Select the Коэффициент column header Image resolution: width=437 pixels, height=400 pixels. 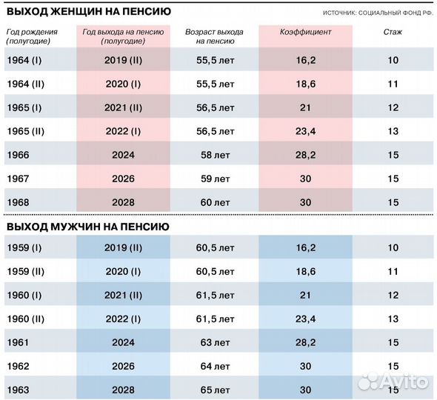[306, 33]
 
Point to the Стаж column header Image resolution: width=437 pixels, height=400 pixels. [393, 33]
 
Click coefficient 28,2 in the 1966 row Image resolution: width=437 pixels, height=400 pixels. [306, 155]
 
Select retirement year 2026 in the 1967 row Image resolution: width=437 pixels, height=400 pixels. [123, 179]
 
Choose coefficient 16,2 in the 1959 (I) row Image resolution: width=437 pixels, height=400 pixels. [306, 247]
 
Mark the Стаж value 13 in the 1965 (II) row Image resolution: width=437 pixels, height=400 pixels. [393, 131]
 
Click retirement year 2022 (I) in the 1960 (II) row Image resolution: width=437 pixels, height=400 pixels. [123, 319]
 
